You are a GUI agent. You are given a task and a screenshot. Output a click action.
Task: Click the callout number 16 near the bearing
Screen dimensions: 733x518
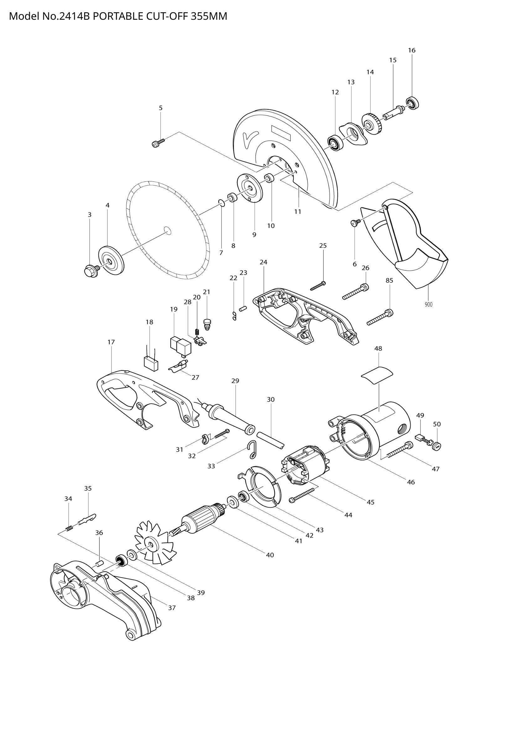tap(412, 50)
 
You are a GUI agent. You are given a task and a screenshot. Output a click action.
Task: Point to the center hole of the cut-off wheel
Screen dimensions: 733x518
tap(167, 230)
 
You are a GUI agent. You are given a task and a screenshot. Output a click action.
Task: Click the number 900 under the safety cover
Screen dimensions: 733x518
tap(428, 305)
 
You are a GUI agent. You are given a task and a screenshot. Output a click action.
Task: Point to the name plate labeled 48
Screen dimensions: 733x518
tap(377, 374)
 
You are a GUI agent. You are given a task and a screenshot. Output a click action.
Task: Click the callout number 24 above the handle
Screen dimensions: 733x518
tap(263, 262)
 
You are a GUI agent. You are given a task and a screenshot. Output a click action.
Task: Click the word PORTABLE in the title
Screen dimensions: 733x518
tap(118, 16)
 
